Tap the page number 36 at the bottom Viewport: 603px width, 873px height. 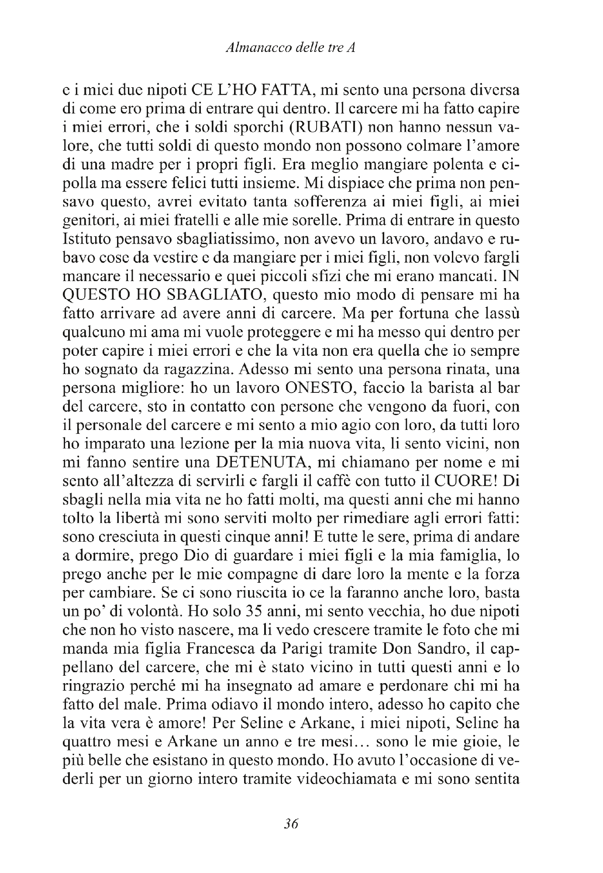[x=290, y=823]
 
